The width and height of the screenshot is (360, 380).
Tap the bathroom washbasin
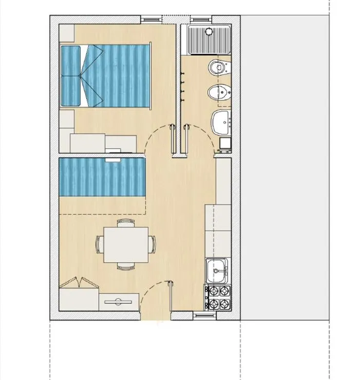tap(221, 122)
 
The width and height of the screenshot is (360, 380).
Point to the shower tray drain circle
tap(209, 31)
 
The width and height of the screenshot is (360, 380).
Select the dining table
tap(126, 244)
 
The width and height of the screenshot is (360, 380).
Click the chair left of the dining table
tap(99, 244)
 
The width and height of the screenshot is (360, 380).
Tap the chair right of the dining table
tap(152, 244)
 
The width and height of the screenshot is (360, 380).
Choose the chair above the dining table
tap(126, 222)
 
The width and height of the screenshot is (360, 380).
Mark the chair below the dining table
tap(126, 267)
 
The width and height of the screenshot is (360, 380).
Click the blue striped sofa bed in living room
tap(102, 177)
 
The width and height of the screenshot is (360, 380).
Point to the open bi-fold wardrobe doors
tap(79, 283)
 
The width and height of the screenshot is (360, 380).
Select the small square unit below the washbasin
tap(225, 143)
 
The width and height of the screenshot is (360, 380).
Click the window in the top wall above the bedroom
tap(151, 19)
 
